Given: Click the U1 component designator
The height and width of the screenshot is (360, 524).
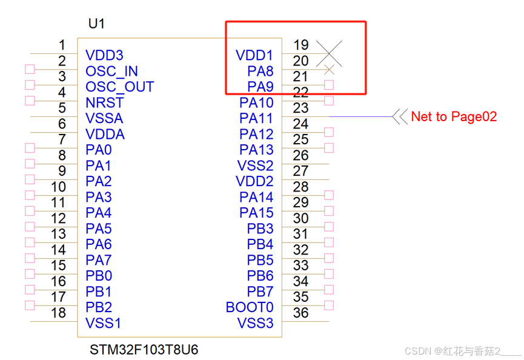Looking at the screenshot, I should point(96,24).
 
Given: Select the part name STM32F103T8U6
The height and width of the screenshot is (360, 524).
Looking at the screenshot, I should point(144,350).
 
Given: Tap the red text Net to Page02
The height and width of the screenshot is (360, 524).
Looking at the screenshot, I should point(454,116).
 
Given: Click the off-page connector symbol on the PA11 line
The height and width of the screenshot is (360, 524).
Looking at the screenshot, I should point(400,116).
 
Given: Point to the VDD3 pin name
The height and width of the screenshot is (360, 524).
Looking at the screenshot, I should point(104,56).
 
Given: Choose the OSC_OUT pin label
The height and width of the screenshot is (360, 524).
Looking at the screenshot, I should point(119,87).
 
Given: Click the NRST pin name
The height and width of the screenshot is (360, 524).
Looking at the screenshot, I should point(104,103).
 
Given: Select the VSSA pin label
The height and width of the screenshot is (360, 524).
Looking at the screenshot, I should point(104,119).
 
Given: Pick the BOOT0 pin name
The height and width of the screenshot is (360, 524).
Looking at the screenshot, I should point(250,307).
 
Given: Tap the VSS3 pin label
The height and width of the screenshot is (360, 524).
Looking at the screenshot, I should point(255,323).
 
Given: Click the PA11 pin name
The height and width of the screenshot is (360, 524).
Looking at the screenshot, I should point(256,119).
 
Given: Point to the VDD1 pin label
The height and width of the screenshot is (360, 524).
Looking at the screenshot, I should point(254,56).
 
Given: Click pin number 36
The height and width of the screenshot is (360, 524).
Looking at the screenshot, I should point(301,313).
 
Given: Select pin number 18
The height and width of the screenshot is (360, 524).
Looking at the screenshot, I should point(58,313).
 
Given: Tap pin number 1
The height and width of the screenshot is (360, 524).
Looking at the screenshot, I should point(62,45).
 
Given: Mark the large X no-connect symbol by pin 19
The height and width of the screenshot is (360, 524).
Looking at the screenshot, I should point(329,53).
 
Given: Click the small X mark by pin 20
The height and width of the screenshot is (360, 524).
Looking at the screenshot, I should point(329,69).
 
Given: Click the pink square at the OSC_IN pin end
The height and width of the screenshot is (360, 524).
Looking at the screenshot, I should point(29,69).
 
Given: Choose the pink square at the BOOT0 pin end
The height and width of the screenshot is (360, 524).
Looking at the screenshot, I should point(329,305).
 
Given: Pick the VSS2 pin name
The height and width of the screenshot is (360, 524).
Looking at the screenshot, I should point(255,166).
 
